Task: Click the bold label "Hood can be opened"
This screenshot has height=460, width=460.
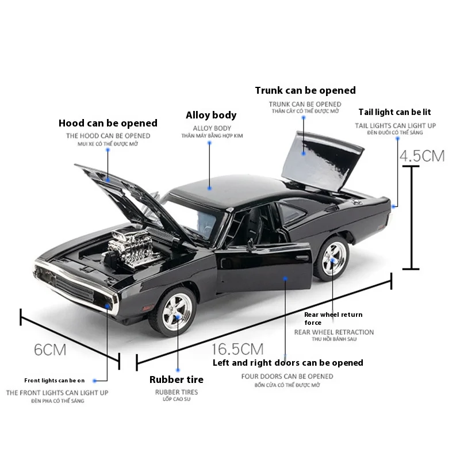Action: pos(108,123)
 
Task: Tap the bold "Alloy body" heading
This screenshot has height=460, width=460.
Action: pos(211,115)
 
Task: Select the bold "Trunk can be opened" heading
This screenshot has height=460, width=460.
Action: pos(305,90)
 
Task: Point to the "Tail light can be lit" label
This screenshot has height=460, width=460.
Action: pos(394,112)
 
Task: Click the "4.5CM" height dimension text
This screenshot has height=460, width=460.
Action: pos(423,156)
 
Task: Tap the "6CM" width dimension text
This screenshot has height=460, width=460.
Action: pos(50,350)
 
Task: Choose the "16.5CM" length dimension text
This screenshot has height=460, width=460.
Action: pos(237,349)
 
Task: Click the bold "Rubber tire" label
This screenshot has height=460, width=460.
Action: pos(177,379)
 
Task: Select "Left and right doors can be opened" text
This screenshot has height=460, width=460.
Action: pos(288,363)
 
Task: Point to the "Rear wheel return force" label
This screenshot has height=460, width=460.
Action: pos(333,319)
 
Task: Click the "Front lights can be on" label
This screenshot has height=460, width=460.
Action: pos(54,380)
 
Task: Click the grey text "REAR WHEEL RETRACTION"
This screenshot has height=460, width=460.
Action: pos(334,332)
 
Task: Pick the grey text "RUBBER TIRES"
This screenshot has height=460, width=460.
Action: pos(176,392)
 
